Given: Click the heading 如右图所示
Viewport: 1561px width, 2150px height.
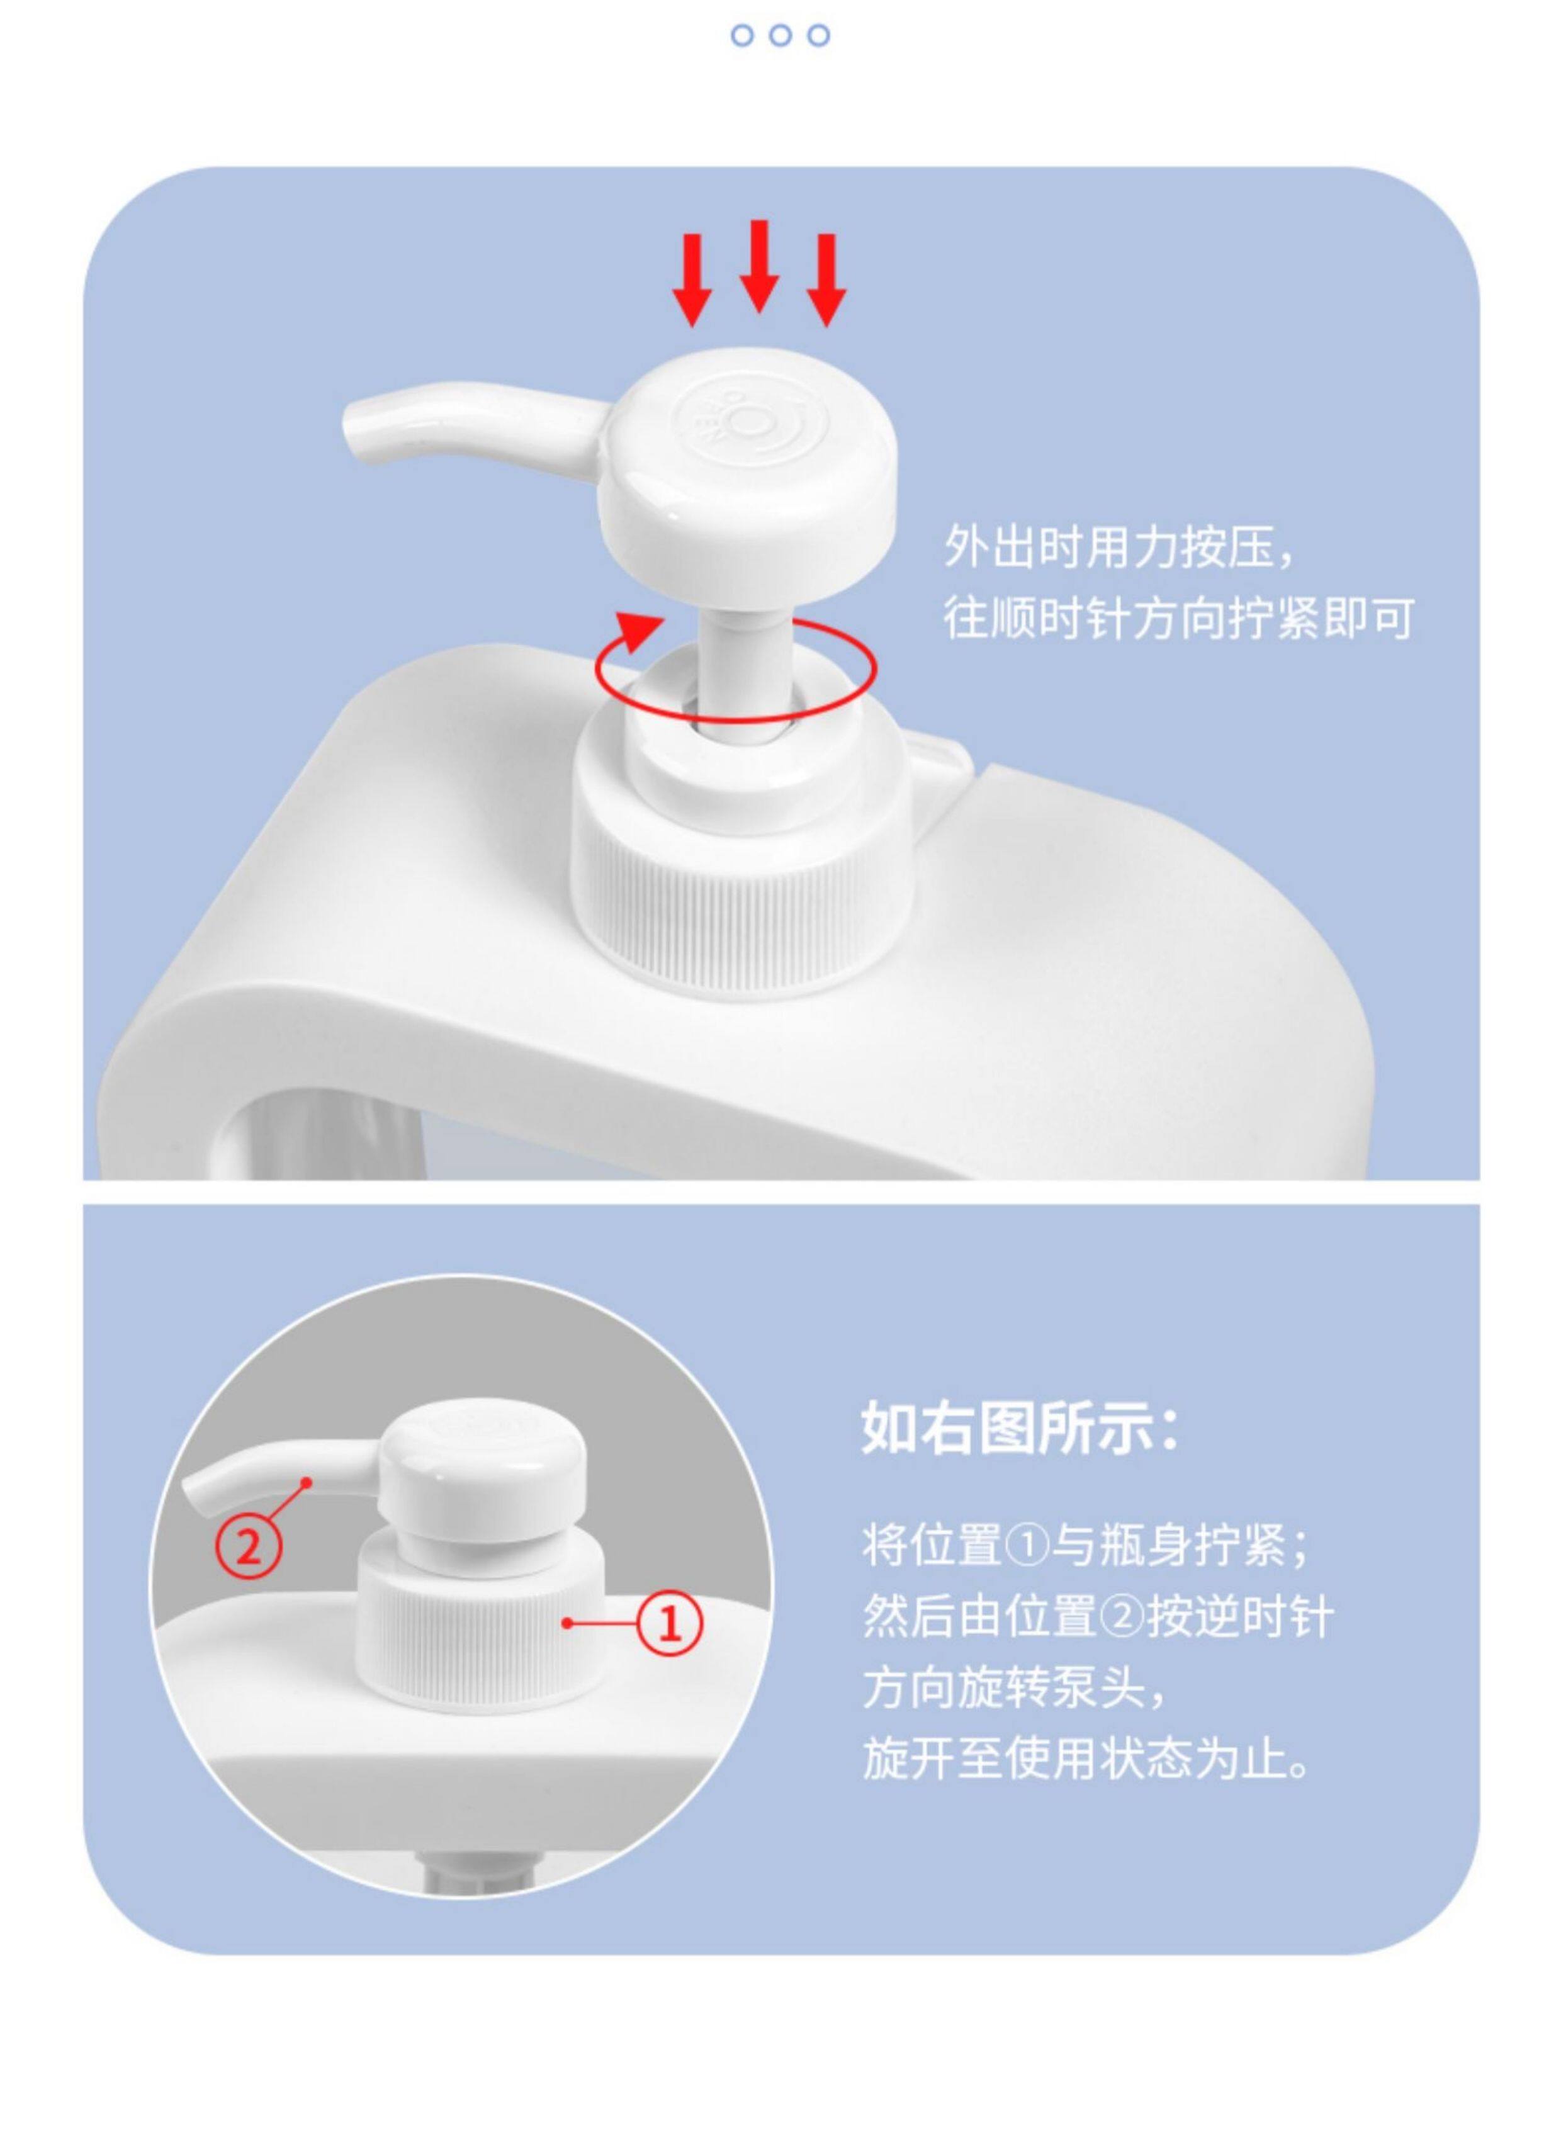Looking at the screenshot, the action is pyautogui.click(x=1021, y=1453).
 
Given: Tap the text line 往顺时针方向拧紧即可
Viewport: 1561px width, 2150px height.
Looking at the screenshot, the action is pyautogui.click(x=1178, y=617).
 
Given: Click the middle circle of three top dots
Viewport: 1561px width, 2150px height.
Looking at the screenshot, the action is pyautogui.click(x=780, y=36).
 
